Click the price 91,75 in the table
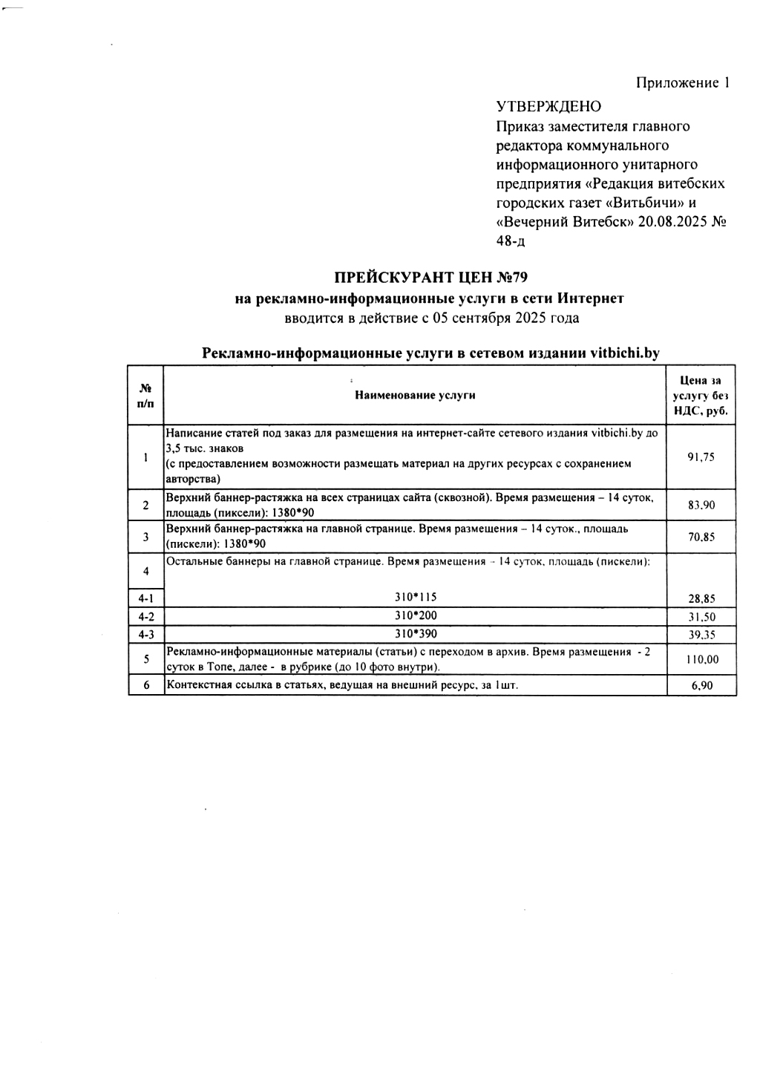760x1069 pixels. [701, 457]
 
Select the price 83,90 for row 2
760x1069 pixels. [701, 506]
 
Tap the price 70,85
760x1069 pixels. [701, 537]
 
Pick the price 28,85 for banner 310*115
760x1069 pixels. [701, 598]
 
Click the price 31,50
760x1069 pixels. [701, 617]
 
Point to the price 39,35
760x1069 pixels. [701, 635]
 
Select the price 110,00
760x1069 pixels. [701, 659]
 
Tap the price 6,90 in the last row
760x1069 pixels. [701, 685]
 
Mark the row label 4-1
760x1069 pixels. [145, 598]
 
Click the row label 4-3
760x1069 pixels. [145, 635]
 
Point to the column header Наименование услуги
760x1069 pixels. [415, 395]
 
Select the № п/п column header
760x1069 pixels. [145, 395]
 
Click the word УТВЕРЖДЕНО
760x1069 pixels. [548, 106]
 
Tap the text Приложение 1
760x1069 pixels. [683, 82]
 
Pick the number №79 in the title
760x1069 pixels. [511, 278]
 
